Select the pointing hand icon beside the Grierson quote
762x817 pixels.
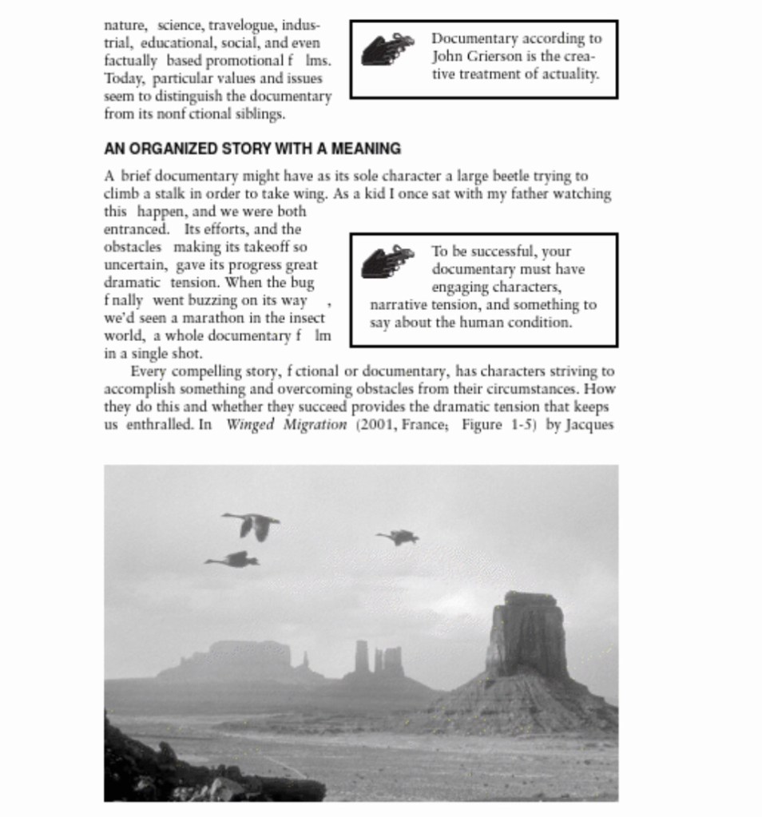point(387,49)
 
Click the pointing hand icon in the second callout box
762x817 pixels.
point(387,261)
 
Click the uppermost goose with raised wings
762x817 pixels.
point(252,525)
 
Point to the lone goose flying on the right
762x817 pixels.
point(399,537)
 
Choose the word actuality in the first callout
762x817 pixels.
point(568,74)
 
